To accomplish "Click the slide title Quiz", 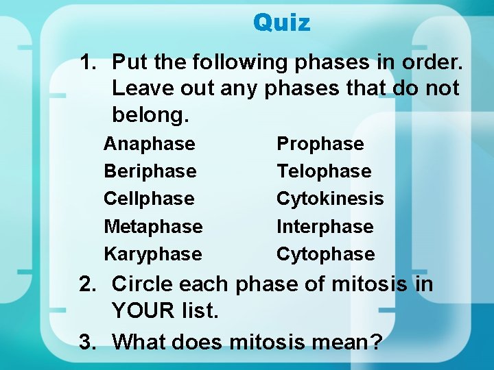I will click(x=281, y=23).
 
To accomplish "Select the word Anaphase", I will click(x=149, y=144).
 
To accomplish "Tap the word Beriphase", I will click(x=150, y=171).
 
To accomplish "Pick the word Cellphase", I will click(x=149, y=199).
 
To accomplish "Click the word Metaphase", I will click(x=153, y=227).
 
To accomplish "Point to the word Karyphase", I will click(x=152, y=254).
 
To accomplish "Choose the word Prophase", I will click(x=320, y=144).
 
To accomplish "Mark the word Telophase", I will click(x=324, y=171).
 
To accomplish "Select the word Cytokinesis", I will click(x=330, y=199).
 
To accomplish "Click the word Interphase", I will click(x=325, y=227).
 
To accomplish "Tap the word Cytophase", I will click(x=325, y=254).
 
